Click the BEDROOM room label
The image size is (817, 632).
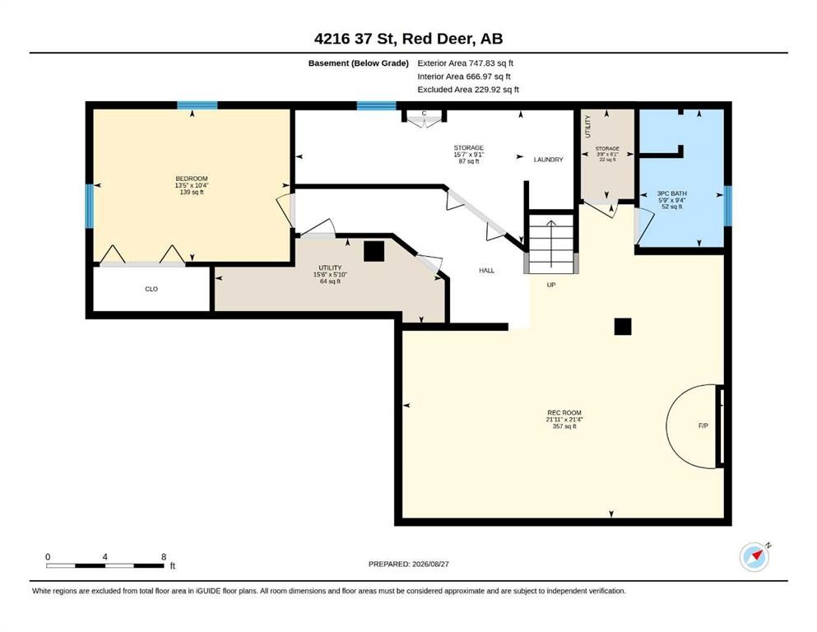191,179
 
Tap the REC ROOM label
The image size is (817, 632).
564,412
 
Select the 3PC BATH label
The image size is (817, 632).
671,193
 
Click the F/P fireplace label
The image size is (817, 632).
703,425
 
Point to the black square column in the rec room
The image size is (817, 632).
623,327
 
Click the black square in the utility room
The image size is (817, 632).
374,251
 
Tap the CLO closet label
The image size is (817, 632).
151,289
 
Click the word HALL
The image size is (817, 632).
486,271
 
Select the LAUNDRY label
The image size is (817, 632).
548,160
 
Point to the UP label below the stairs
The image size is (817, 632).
551,285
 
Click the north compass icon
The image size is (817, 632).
754,557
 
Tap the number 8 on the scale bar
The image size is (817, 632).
164,557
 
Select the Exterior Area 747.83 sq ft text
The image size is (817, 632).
466,63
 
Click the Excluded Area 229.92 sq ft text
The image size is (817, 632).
468,90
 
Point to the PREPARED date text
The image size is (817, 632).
408,564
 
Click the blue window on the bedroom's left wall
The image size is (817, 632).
90,207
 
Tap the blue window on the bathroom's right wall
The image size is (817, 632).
728,206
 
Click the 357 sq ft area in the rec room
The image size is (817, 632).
564,426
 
